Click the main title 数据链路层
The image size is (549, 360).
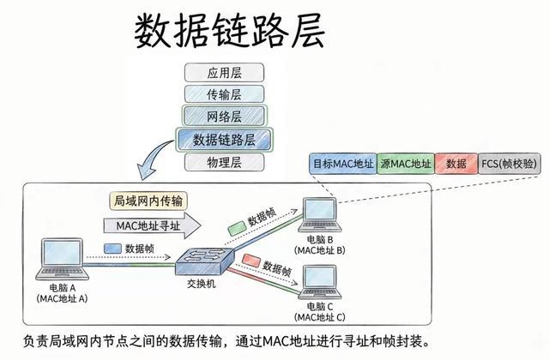click(229, 31)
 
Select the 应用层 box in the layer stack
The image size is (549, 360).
click(224, 72)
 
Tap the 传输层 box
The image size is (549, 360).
click(224, 94)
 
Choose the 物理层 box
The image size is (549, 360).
click(224, 160)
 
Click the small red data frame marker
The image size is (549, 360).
click(252, 261)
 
